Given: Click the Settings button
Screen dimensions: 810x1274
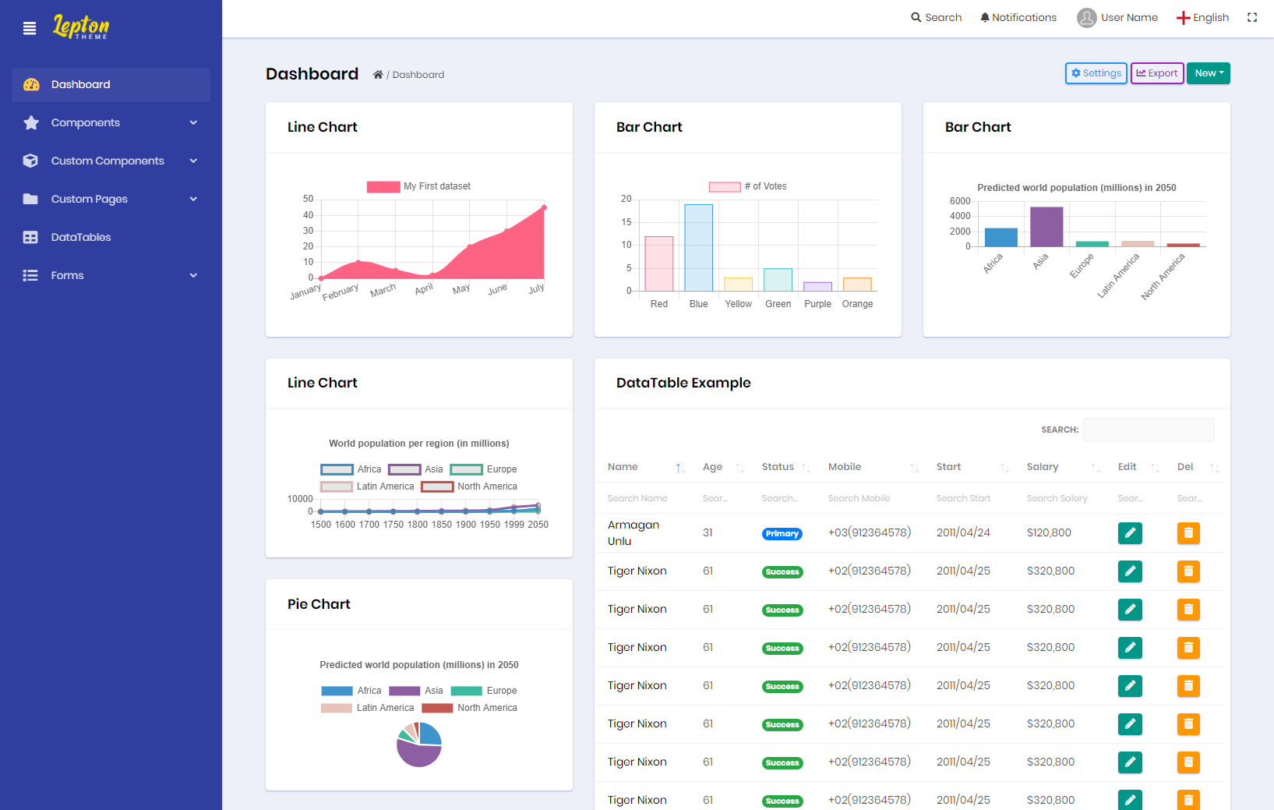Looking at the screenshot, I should tap(1096, 73).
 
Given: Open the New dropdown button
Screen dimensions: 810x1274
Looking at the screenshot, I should tap(1208, 73).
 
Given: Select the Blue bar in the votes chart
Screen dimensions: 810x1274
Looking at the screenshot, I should tap(698, 247).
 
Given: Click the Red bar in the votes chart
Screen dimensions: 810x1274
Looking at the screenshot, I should tap(658, 264).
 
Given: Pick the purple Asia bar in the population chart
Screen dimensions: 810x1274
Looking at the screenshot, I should tap(1046, 227).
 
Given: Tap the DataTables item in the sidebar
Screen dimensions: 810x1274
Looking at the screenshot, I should tap(81, 237).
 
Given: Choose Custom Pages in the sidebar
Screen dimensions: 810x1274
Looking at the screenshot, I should tap(89, 199).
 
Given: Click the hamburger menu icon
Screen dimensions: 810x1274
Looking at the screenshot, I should tap(30, 28).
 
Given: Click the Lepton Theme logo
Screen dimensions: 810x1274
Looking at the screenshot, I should tap(81, 27).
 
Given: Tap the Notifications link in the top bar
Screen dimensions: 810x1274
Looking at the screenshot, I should tap(1018, 17).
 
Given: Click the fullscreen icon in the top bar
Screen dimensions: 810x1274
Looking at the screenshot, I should tap(1252, 17).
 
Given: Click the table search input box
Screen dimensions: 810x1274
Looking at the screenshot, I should tap(1148, 430).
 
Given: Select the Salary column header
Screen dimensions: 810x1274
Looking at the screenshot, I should tap(1043, 467).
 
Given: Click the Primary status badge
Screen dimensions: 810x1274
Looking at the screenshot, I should tap(782, 534).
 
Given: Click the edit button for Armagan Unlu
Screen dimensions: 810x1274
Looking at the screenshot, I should tap(1130, 533).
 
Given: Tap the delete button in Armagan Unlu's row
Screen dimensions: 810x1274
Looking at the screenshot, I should tap(1188, 533).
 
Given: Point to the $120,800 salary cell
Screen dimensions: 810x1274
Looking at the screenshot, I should tap(1049, 533).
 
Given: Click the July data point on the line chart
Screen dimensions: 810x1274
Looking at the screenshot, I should tap(544, 207).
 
